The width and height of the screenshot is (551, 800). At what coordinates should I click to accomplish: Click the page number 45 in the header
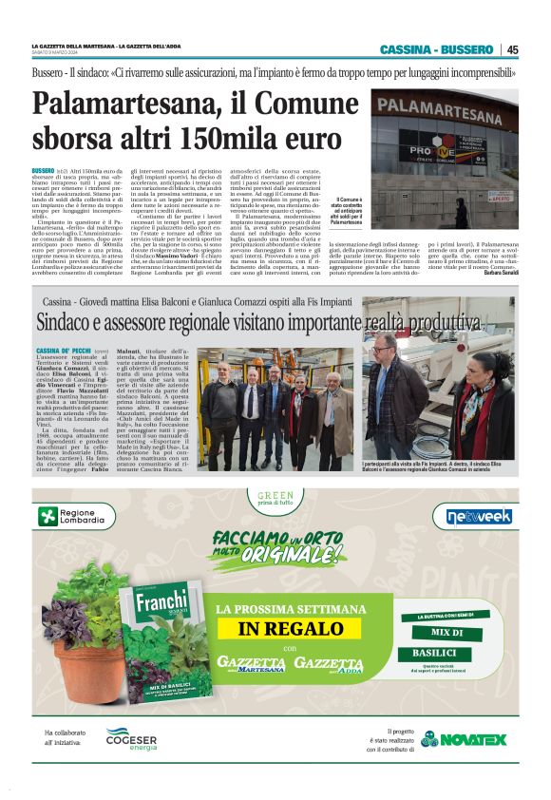(512, 49)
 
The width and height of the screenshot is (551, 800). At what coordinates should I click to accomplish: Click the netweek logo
(479, 516)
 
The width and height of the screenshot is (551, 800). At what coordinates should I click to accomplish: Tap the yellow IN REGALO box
(275, 628)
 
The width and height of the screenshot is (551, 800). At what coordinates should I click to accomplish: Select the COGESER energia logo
(131, 738)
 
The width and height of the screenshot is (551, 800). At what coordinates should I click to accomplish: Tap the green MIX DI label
(446, 632)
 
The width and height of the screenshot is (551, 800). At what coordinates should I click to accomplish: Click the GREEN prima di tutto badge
(275, 498)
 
